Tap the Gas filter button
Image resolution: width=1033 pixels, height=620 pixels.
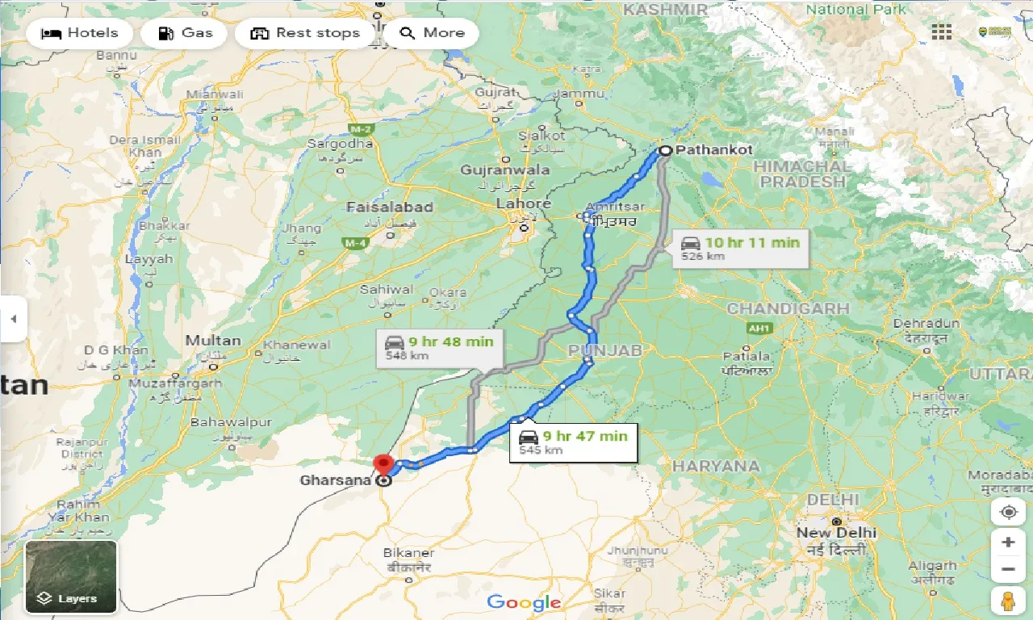[186, 33]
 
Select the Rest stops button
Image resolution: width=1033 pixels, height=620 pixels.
[304, 33]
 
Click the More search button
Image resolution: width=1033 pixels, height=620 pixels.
[432, 33]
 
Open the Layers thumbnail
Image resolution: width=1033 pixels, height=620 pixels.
[71, 576]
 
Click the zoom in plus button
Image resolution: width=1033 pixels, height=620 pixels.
[1007, 542]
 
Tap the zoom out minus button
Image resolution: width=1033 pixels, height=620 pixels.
[1007, 570]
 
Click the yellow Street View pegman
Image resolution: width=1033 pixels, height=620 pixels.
[1007, 601]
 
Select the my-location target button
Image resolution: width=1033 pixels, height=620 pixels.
[1007, 513]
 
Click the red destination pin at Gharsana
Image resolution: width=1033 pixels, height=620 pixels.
[383, 465]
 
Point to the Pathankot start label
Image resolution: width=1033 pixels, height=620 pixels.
[713, 150]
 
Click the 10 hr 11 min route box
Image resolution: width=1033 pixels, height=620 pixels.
[740, 248]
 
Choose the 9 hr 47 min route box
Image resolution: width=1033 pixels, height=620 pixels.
[573, 442]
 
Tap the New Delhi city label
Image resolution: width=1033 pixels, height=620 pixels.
[836, 533]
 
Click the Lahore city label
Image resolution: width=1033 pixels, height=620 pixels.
[523, 204]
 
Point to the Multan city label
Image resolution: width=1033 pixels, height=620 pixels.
[213, 341]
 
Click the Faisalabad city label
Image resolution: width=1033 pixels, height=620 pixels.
[390, 207]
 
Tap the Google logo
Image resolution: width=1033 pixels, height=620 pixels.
[524, 602]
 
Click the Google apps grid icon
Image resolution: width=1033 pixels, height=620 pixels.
[941, 32]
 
